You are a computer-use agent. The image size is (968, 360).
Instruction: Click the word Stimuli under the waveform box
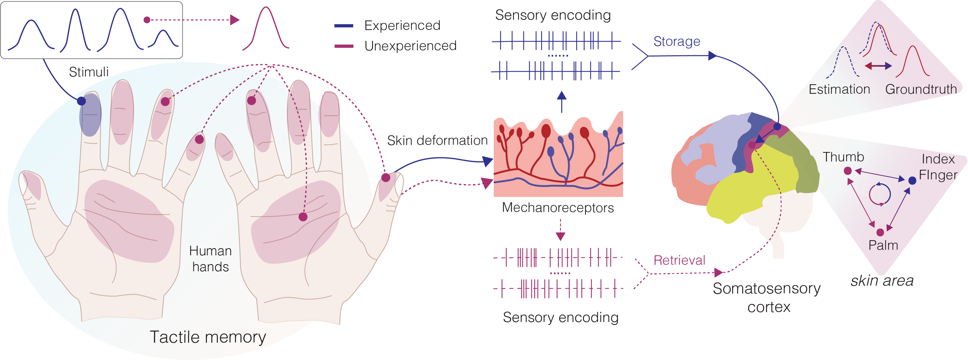[89, 72]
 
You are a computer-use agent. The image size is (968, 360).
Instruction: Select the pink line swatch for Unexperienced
[343, 46]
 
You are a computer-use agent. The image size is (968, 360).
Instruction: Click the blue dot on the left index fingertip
[81, 101]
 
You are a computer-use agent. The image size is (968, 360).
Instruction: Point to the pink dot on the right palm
[303, 217]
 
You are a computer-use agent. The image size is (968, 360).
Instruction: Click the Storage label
[676, 41]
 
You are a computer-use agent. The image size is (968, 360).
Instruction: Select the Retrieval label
[679, 260]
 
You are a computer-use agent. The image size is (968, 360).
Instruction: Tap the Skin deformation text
[437, 141]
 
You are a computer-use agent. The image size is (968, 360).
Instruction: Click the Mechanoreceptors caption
[558, 207]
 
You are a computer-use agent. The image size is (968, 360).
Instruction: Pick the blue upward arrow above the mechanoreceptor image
[561, 101]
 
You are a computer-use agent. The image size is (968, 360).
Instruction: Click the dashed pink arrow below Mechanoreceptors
[560, 230]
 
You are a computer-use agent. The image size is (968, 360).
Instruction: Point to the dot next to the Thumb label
[848, 171]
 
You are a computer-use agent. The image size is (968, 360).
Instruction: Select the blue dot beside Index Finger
[912, 181]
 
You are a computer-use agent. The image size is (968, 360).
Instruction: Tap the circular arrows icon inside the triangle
[880, 194]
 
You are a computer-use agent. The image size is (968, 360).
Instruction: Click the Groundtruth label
[921, 90]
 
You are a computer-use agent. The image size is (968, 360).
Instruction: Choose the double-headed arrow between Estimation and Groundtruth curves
[878, 66]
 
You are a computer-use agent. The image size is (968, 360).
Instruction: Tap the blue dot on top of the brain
[777, 127]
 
